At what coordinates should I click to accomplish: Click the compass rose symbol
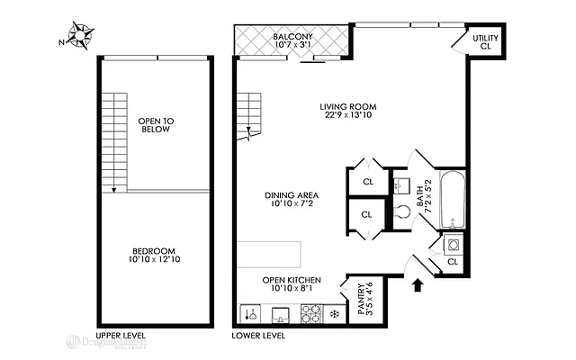[x=82, y=37]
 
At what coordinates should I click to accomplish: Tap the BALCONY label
[x=292, y=37]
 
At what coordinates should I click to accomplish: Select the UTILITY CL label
[x=487, y=40]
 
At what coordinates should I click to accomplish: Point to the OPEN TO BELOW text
[x=156, y=124]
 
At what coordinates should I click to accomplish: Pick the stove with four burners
[x=311, y=314]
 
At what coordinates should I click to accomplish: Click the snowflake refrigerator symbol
[x=334, y=314]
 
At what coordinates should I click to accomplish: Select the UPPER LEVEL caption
[x=121, y=336]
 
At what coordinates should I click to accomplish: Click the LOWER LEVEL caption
[x=258, y=336]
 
